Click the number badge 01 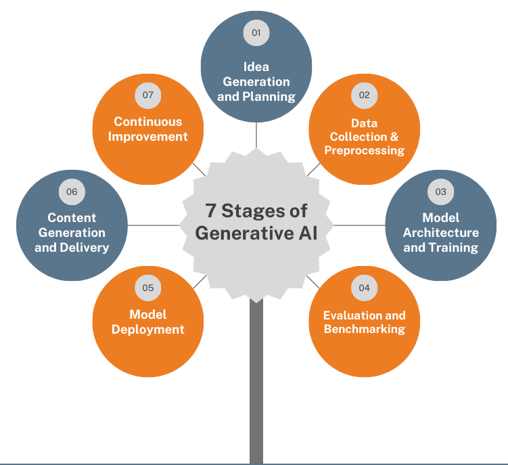click(x=256, y=32)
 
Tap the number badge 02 click(x=364, y=95)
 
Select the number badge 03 click(x=440, y=192)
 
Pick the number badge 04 click(x=364, y=288)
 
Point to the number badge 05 click(x=147, y=288)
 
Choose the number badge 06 click(x=72, y=192)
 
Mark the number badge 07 click(x=147, y=95)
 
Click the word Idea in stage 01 click(x=256, y=67)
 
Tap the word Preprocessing click(x=364, y=150)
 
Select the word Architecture click(x=440, y=232)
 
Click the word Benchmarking click(x=364, y=330)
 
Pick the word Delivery click(x=85, y=247)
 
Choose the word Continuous click(x=147, y=122)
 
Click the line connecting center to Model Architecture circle click(x=359, y=225)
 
